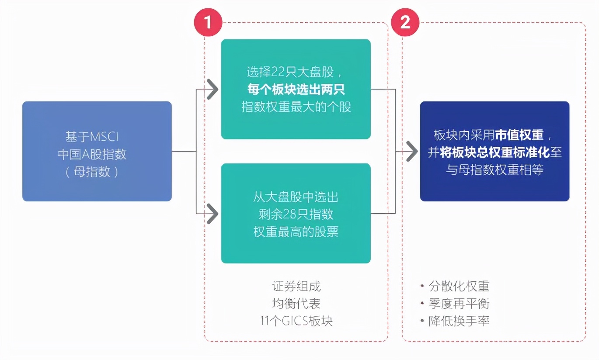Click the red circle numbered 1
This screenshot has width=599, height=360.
point(208,22)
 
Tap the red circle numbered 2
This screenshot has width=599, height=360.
point(405,22)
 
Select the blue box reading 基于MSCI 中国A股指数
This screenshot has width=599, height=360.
point(97,151)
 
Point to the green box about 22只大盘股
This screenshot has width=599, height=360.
point(296,89)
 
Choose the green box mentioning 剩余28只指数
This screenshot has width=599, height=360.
point(296,213)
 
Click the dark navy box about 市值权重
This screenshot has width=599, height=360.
point(495,151)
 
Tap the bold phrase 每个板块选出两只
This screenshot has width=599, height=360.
point(296,90)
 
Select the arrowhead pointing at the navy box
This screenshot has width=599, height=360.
point(411,152)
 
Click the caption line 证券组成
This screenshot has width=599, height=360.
point(296,287)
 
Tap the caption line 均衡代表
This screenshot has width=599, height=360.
point(296,304)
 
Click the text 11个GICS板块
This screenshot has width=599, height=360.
point(296,321)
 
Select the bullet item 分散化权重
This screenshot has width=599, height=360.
point(459,287)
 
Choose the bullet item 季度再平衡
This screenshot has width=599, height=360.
point(459,304)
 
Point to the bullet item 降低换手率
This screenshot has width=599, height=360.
point(459,321)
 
